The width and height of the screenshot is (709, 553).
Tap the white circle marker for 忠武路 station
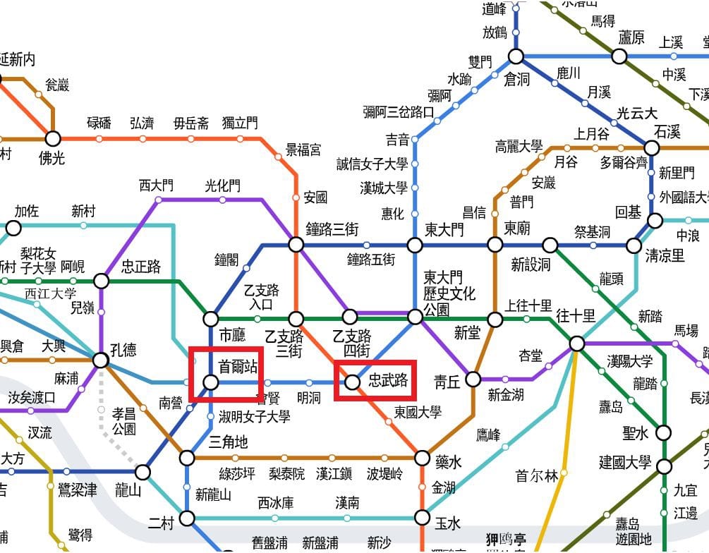coord(352,382)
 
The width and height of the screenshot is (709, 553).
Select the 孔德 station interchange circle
coord(101,360)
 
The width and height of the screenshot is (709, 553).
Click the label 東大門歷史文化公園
coord(449,293)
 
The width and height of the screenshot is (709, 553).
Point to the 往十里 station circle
coord(577,344)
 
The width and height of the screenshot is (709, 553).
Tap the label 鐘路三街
coord(332,229)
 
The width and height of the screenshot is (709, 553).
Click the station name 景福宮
coord(303,150)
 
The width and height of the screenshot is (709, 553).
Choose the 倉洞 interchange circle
coord(516,56)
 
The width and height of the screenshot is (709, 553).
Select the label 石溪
coord(667,132)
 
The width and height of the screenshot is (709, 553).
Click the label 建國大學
coord(625,463)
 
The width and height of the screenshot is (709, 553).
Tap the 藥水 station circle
coord(422,458)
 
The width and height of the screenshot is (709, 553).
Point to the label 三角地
coord(229,442)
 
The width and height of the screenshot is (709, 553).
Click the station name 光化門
coord(222,186)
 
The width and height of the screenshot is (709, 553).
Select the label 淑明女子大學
coord(255,416)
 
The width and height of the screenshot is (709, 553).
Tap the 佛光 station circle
coord(53,138)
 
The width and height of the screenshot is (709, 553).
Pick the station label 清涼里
coord(665,255)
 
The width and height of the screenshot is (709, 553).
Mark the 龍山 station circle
coord(143,472)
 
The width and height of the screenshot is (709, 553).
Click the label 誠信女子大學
coord(372,164)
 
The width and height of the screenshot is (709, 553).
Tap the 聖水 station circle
coord(664,432)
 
